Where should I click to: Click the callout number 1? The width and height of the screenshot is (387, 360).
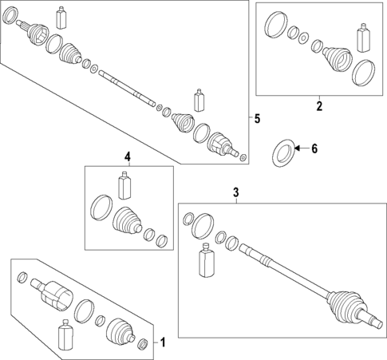pyautogui.click(x=163, y=342)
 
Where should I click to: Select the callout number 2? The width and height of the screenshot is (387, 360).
pyautogui.click(x=319, y=106)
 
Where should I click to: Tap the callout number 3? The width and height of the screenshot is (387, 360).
pyautogui.click(x=236, y=192)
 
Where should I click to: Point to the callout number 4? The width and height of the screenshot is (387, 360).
pyautogui.click(x=128, y=156)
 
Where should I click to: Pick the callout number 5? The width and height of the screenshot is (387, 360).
pyautogui.click(x=257, y=118)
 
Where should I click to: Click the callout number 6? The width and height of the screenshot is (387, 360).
pyautogui.click(x=314, y=148)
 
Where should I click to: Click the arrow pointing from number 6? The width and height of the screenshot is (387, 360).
pyautogui.click(x=302, y=148)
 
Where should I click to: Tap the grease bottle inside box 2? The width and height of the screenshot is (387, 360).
pyautogui.click(x=363, y=38)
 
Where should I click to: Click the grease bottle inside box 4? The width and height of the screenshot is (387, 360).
pyautogui.click(x=124, y=185)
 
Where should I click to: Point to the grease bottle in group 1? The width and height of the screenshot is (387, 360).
pyautogui.click(x=65, y=335)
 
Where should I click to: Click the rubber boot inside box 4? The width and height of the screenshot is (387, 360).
pyautogui.click(x=127, y=222)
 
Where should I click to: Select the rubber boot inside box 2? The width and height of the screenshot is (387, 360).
pyautogui.click(x=338, y=59)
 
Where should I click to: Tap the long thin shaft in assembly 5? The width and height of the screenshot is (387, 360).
pyautogui.click(x=127, y=88)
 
